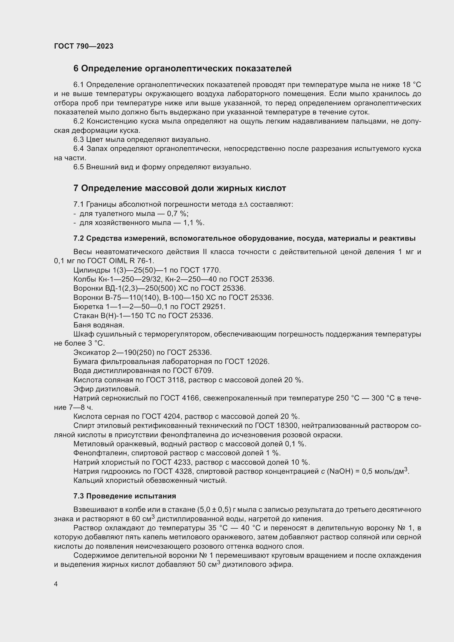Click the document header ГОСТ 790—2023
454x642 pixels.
pos(84,46)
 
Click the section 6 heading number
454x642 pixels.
pos(76,69)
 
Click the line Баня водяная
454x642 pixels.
pos(99,325)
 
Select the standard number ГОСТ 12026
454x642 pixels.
pos(247,361)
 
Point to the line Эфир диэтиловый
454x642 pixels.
pos(107,389)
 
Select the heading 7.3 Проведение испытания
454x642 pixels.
pos(125,496)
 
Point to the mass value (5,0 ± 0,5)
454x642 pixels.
pos(214,510)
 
